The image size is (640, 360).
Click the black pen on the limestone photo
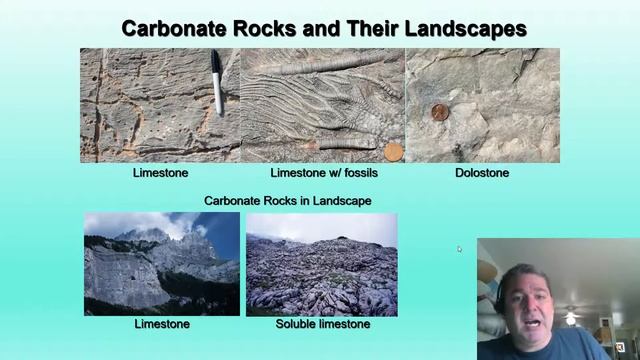point(217,82)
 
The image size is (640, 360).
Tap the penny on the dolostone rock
point(439,112)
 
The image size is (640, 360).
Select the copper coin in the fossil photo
point(393,151)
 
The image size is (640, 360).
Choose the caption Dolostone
point(482,173)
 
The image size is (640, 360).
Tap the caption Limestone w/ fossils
point(323,173)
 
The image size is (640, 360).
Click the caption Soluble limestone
point(322,324)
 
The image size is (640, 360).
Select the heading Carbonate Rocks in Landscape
point(288,201)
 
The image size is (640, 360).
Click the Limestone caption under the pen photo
point(161,173)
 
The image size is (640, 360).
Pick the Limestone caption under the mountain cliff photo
point(162,324)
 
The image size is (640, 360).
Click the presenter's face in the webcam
point(524,290)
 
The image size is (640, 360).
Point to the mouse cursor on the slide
point(459,248)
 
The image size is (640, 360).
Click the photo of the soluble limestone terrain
point(321,264)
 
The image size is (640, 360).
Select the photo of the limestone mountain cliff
point(162,264)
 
